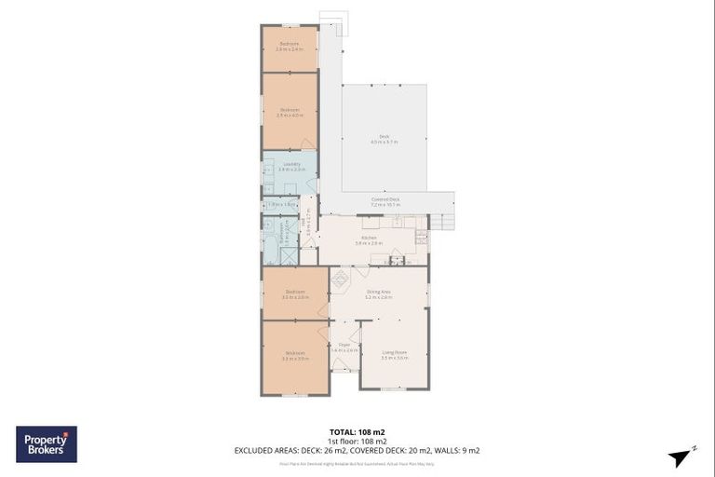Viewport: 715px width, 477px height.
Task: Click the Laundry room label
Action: pos(290,166)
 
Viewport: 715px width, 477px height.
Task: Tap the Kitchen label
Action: pos(369,240)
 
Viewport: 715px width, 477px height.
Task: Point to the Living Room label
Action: pos(395,354)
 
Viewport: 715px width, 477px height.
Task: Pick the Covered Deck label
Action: pos(385,200)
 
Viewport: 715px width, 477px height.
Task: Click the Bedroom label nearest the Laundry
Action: pos(290,112)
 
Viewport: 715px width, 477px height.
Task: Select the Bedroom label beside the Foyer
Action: pos(295,355)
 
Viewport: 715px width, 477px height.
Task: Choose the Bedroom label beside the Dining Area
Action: pos(295,293)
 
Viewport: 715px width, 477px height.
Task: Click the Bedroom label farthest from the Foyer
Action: pos(290,46)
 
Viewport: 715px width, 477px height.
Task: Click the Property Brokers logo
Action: pos(47,443)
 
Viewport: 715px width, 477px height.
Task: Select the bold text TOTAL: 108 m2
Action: pos(357,432)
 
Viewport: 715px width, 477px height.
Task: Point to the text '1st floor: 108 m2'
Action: pos(357,442)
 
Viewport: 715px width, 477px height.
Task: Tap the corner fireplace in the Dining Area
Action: pos(340,277)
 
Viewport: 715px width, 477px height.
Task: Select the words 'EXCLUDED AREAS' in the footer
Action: pos(265,451)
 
